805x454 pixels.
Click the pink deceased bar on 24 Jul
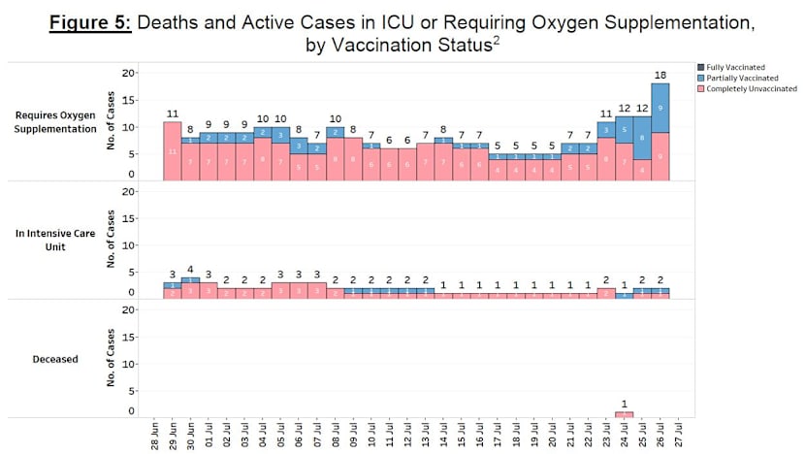point(624,414)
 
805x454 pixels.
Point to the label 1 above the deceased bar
point(624,403)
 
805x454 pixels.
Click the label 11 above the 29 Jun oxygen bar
point(172,113)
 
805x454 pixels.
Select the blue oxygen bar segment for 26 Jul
point(660,108)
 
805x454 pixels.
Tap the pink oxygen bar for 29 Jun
point(172,151)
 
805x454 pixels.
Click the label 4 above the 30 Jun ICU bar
point(190,270)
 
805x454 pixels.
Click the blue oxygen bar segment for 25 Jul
point(641,138)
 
